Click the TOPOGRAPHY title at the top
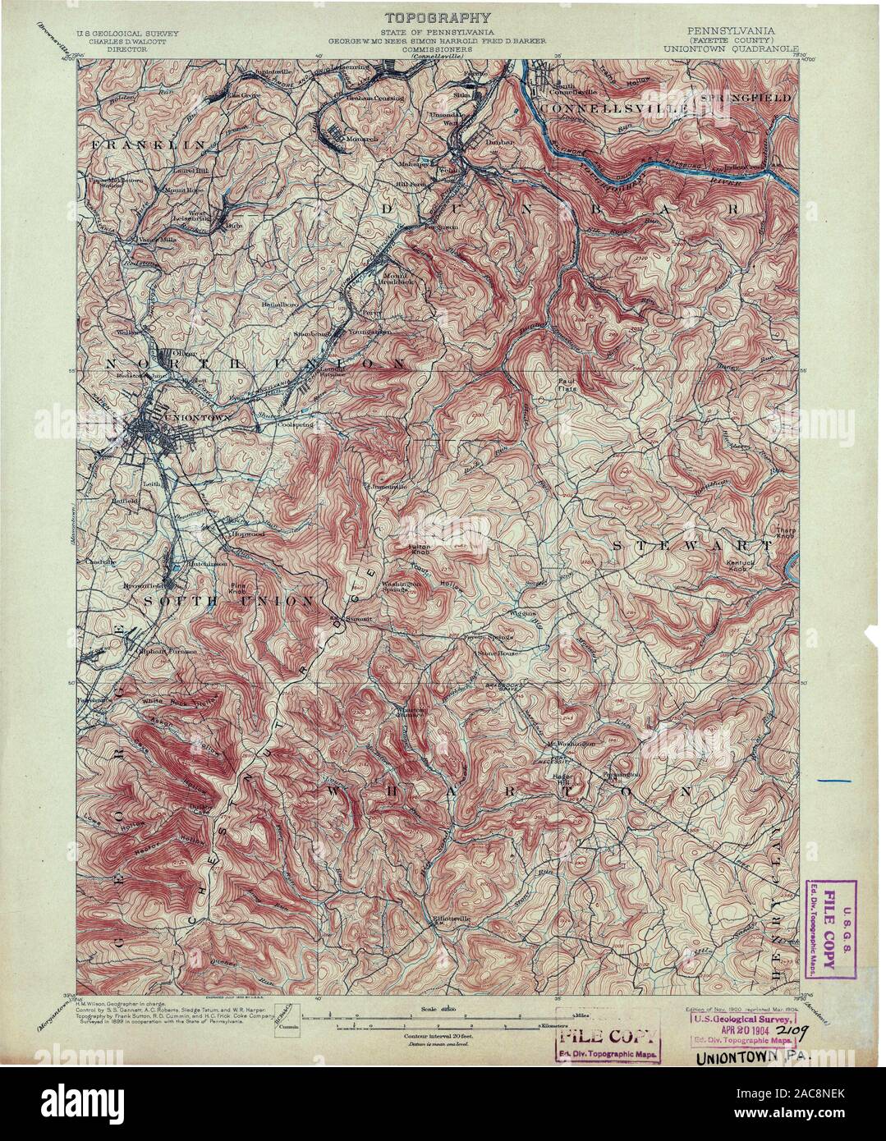click(441, 17)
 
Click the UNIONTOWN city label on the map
click(200, 417)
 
